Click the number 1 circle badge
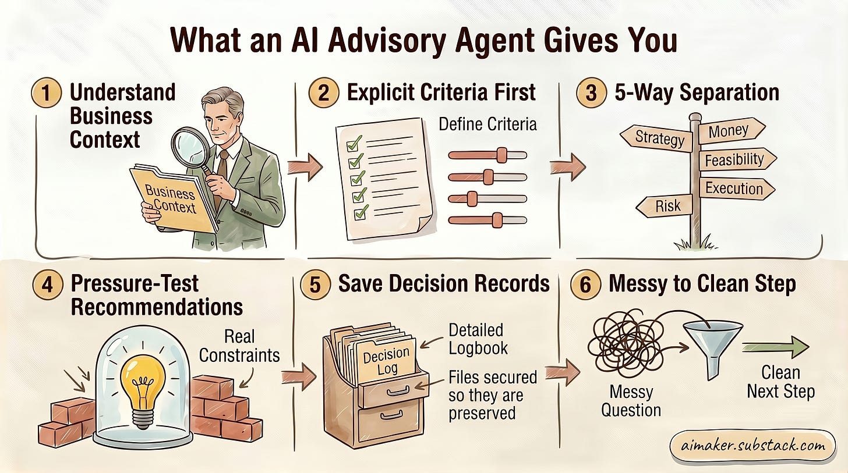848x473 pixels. click(46, 93)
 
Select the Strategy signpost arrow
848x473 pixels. click(656, 138)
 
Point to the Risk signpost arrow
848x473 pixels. click(665, 206)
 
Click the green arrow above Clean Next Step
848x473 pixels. click(775, 347)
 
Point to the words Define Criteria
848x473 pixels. click(487, 125)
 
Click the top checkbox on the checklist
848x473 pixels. click(354, 144)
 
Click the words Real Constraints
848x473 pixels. click(239, 346)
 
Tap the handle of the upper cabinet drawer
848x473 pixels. click(398, 390)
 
